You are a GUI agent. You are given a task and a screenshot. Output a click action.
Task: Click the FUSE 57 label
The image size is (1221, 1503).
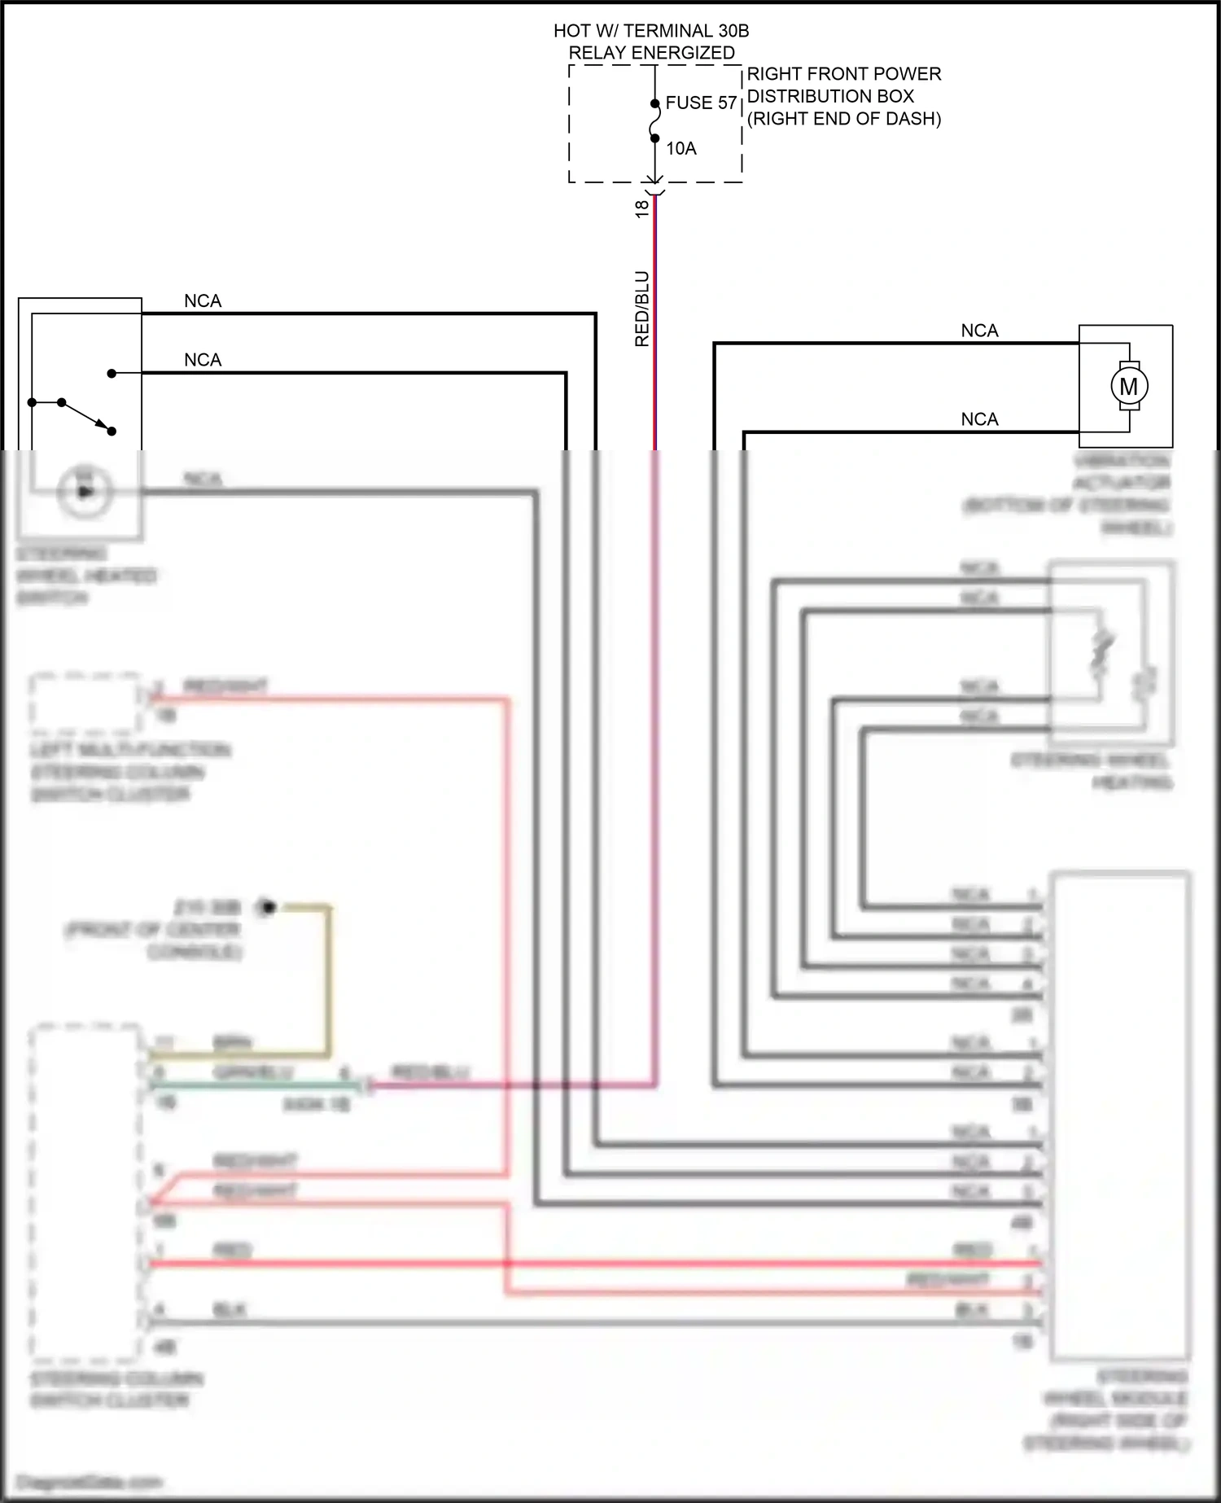pos(700,103)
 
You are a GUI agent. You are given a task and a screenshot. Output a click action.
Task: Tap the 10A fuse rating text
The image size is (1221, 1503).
pos(681,149)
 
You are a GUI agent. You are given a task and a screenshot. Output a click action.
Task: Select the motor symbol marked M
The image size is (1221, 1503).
pos(1129,387)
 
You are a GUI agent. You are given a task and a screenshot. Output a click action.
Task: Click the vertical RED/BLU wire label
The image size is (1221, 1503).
pos(642,309)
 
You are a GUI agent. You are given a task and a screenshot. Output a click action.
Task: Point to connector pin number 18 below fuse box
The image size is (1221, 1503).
pos(641,208)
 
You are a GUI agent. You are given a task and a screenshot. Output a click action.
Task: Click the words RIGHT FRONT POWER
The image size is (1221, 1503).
pos(843,74)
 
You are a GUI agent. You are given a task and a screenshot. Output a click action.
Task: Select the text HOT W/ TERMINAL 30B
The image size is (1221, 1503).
pos(651,31)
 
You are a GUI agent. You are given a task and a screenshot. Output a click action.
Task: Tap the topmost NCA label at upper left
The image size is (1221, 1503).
pos(203,301)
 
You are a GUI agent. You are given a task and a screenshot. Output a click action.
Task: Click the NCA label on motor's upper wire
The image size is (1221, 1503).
pos(979,331)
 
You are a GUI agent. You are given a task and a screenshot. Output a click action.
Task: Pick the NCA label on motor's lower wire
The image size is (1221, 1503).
pos(979,419)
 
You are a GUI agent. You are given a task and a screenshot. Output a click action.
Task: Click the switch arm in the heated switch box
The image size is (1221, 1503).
pos(86,416)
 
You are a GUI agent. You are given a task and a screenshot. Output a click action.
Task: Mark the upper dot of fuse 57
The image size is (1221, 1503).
pos(655,104)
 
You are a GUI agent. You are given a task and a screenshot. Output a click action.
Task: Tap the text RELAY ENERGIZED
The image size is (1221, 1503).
pos(651,53)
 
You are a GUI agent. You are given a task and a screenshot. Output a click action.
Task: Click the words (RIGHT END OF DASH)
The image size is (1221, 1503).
pos(843,119)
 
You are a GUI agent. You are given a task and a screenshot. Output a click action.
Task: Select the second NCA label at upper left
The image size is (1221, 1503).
pos(203,360)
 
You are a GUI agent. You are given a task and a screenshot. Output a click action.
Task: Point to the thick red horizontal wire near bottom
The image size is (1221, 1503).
pos(570,1264)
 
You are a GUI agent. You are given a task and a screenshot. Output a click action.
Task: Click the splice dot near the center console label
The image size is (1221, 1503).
pos(267,906)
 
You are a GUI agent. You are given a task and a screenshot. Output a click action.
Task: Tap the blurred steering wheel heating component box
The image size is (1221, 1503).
pos(1111,651)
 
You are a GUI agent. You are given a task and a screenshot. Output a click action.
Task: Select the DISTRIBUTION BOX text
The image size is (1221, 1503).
pos(830,96)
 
